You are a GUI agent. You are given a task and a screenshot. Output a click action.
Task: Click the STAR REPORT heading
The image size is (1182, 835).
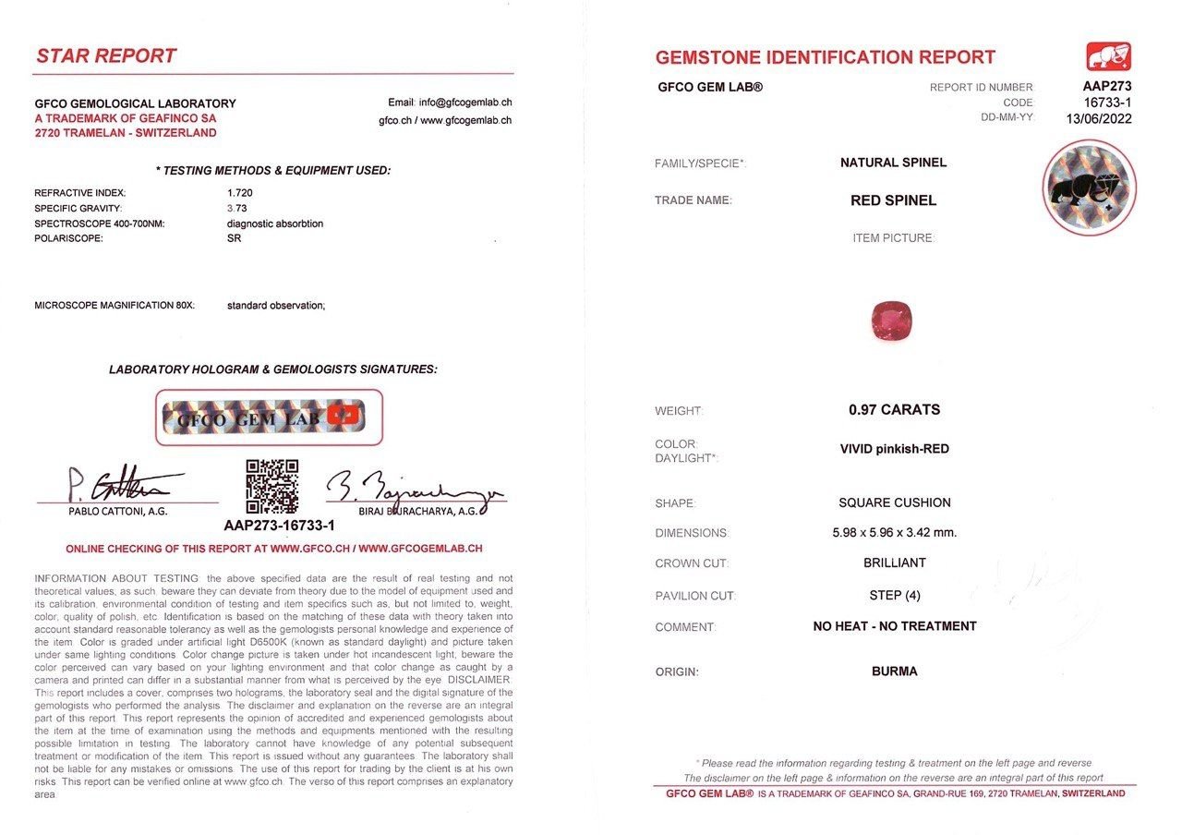(106, 56)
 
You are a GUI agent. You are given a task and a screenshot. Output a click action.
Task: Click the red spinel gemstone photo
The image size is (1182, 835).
(891, 320)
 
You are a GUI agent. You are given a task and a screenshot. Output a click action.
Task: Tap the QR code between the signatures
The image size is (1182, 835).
(271, 486)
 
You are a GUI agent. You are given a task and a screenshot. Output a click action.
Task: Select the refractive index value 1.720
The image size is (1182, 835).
(240, 193)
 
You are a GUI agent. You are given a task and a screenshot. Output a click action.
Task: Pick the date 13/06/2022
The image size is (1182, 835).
(1099, 118)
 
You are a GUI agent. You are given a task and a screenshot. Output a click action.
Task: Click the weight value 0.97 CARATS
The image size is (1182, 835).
(894, 409)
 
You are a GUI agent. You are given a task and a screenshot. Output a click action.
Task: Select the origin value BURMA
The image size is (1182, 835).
(894, 672)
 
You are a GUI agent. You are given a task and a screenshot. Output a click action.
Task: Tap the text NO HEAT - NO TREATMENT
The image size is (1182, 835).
(894, 626)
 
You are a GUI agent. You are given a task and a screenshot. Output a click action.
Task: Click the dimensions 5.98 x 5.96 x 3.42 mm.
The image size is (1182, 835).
(894, 533)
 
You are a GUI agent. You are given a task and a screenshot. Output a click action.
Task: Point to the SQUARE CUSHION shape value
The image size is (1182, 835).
(894, 502)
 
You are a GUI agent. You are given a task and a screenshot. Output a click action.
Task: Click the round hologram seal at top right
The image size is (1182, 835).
(1089, 188)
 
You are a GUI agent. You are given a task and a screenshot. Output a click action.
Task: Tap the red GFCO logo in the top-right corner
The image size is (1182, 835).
(1109, 57)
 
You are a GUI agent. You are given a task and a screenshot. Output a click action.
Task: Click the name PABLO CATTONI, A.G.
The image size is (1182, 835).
(118, 511)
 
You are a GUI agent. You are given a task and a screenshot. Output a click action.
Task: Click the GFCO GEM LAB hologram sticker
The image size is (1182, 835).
(269, 417)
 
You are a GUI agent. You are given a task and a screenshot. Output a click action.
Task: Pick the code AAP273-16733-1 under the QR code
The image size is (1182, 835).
(279, 525)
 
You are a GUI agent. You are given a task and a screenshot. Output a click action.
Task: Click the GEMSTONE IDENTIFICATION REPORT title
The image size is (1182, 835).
(825, 57)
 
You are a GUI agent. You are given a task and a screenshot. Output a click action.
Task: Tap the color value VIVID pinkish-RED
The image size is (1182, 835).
(894, 449)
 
